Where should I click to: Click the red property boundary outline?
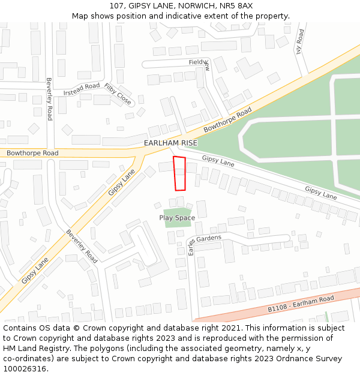179,174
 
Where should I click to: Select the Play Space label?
177,218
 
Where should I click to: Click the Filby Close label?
118,95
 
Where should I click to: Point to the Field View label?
199,62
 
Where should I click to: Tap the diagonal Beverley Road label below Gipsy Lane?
82,246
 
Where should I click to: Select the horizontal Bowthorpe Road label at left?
32,154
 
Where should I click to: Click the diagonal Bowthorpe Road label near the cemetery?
227,121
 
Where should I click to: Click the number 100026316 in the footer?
24,369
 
